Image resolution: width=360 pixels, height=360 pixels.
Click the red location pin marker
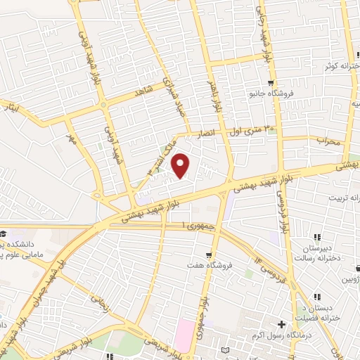click(x=181, y=165)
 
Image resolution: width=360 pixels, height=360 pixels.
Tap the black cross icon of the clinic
click(x=282, y=324)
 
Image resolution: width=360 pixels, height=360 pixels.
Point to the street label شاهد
click(x=142, y=98)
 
